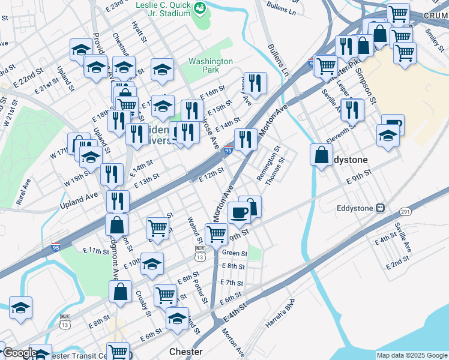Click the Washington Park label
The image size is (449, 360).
coord(210,65)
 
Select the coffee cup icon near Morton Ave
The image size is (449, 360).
coord(239,212)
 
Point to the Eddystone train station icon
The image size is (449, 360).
coord(380,208)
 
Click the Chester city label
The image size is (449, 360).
coord(185,352)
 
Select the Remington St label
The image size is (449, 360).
coord(268,163)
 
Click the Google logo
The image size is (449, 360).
coord(19,353)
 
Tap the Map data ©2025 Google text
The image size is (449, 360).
coord(412,355)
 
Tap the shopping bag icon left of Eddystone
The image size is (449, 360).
coord(322,155)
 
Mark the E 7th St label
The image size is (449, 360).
coord(231,283)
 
